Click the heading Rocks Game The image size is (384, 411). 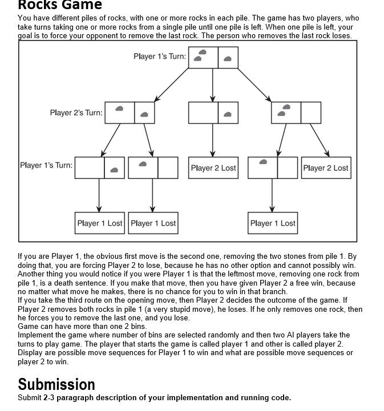(60, 5)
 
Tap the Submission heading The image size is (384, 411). (56, 384)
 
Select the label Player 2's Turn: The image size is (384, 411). (76, 113)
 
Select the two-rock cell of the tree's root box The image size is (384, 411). (203, 58)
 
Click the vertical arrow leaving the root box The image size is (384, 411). (213, 86)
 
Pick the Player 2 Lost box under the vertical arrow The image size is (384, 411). (213, 168)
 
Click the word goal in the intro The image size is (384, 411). (26, 35)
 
